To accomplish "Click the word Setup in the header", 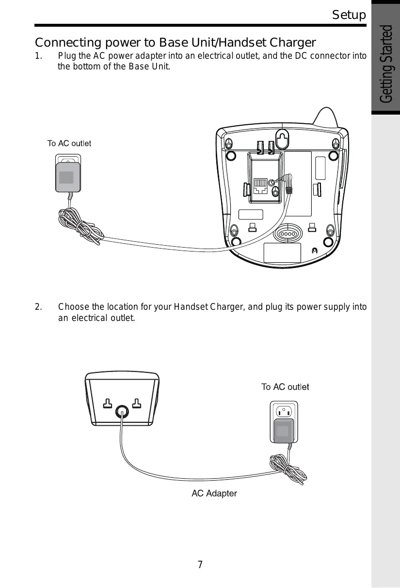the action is tap(349, 15).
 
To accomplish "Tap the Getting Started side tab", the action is tap(385, 64).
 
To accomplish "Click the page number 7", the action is tap(200, 564).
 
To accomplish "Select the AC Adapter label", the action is tap(214, 493).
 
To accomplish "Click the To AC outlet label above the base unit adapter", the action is tap(69, 143).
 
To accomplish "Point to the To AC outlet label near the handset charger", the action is tap(285, 386).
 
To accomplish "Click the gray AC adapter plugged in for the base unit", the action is tap(68, 177).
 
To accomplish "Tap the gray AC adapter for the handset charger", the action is tap(284, 431).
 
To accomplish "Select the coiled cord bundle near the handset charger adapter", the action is tap(288, 470).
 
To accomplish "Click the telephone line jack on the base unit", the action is tap(260, 186).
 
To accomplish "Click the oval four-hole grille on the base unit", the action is tap(288, 234).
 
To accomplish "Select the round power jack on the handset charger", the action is tap(122, 412).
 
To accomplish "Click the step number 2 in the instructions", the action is tap(38, 307).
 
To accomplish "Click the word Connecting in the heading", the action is tap(68, 43).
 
